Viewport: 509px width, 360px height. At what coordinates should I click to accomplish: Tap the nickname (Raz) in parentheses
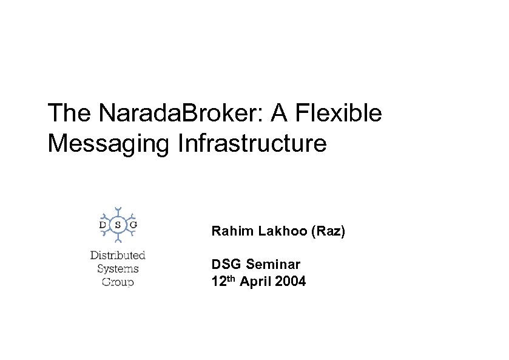point(328,231)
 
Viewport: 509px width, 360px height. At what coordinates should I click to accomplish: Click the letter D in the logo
point(102,225)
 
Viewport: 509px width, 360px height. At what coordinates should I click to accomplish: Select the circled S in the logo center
point(118,225)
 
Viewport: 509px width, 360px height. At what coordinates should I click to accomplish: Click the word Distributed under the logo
point(118,256)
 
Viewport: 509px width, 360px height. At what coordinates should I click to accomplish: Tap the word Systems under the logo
point(118,268)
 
